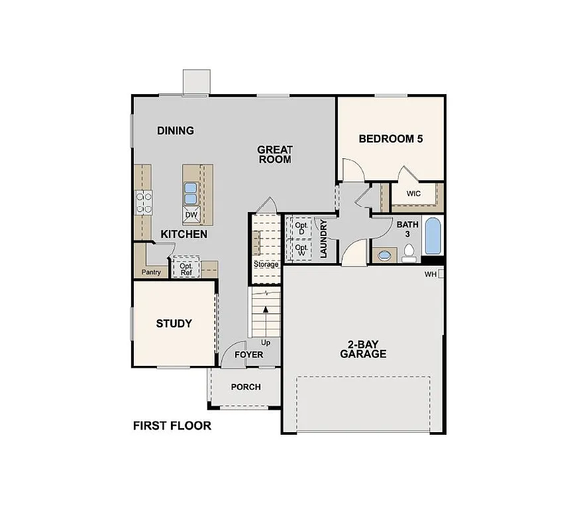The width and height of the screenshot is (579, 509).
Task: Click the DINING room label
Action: point(176,131)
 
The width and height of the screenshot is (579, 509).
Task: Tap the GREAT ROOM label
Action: point(275,154)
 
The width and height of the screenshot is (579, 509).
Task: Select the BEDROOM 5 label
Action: point(391,139)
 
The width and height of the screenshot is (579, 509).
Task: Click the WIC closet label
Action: point(414,194)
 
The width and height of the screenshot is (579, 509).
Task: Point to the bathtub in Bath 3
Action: point(432,237)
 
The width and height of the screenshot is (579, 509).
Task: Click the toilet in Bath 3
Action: point(409,253)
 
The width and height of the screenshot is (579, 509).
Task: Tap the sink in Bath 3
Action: point(384,255)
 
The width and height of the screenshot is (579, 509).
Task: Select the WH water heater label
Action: point(431,274)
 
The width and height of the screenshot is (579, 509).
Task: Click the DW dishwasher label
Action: point(191,215)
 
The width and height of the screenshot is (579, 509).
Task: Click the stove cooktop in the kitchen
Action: point(144,202)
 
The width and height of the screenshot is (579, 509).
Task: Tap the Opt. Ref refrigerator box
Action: point(186,268)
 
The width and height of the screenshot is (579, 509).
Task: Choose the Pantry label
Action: point(152,272)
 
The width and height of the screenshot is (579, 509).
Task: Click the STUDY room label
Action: point(174,323)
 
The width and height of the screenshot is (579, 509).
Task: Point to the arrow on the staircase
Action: point(266,310)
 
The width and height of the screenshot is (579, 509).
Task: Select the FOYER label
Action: point(249,355)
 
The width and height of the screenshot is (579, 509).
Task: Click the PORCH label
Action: point(246,387)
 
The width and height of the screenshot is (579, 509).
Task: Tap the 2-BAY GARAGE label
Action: point(363,349)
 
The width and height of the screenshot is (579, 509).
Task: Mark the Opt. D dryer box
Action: point(301,227)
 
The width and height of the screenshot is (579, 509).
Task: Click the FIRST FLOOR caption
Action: point(172,425)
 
